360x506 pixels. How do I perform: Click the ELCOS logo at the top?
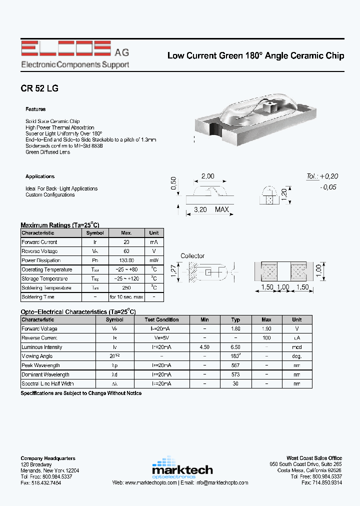coord(65,49)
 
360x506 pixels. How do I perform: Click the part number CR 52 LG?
coord(39,88)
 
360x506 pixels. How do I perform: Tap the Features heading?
coord(35,109)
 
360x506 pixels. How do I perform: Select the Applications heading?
coord(40,176)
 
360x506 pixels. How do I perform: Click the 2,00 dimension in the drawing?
coord(207,176)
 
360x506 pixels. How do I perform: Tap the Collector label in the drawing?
coord(192,256)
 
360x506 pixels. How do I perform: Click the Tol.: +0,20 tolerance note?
coord(322,176)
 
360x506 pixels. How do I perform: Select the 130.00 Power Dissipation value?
coord(127,260)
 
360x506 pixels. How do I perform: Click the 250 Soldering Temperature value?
coord(127,288)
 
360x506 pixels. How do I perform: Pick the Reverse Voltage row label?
coord(39,251)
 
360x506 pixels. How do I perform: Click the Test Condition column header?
coord(161,320)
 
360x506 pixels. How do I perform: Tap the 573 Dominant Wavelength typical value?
coord(236,374)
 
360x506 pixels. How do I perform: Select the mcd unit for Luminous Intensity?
coord(297,347)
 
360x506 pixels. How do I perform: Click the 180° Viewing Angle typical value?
coord(236,356)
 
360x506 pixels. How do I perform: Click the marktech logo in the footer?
coord(182,467)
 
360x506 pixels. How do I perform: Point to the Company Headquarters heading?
coord(48,458)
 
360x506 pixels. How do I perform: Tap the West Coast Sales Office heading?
coord(314,458)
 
